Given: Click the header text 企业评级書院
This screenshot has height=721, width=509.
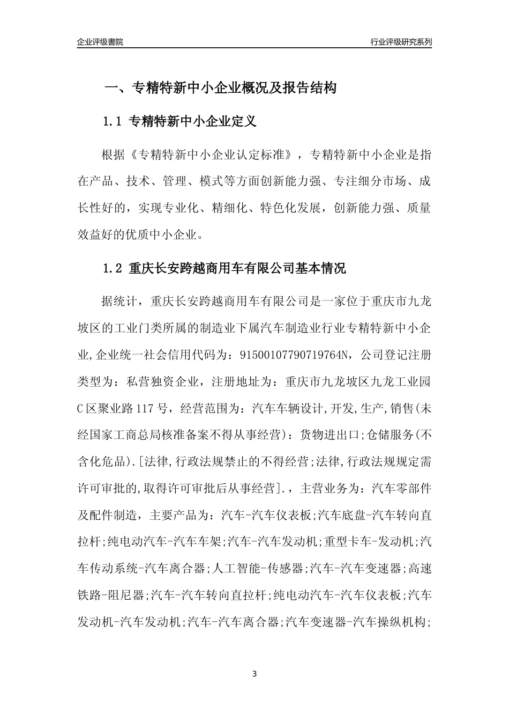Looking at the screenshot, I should (100, 42).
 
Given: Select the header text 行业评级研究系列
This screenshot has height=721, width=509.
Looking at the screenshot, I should (401, 42).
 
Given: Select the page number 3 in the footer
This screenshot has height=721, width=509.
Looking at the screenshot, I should (254, 674).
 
